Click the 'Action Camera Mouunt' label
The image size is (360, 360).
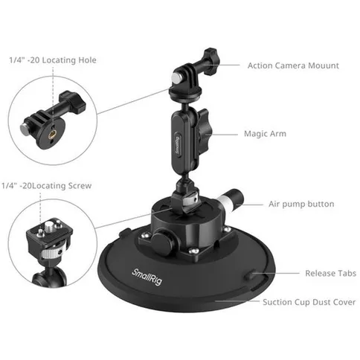293,65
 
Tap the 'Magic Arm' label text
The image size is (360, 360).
265,134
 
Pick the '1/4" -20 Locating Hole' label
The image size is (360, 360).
52,60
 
